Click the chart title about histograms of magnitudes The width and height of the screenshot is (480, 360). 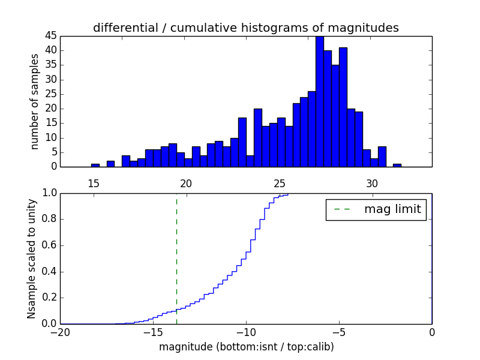click(245, 28)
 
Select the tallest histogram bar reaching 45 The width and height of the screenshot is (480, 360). click(319, 102)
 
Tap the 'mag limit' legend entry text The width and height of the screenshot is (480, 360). click(392, 209)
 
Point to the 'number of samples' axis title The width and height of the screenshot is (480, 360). click(35, 101)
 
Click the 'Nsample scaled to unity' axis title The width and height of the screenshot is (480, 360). click(31, 259)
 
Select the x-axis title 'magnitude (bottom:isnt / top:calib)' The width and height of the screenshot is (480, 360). click(246, 347)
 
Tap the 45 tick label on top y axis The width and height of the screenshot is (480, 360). click(50, 35)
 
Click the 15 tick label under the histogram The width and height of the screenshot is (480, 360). click(94, 182)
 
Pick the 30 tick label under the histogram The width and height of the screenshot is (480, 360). click(372, 182)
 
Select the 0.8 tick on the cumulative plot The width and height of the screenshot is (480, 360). click(50, 219)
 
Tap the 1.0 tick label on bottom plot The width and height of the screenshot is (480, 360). click(50, 193)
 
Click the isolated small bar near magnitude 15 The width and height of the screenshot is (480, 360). click(95, 165)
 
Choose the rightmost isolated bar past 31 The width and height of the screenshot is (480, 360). click(397, 165)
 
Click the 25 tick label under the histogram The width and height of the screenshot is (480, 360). click(279, 182)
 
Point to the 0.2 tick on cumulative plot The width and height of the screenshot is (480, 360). click(50, 298)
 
